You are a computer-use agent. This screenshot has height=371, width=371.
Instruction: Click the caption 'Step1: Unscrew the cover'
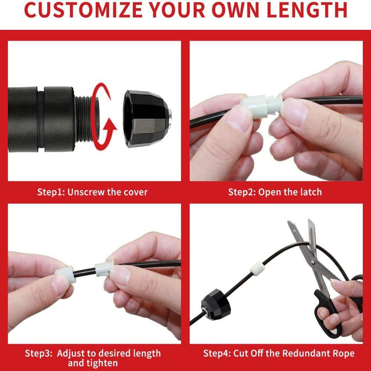pos(92,192)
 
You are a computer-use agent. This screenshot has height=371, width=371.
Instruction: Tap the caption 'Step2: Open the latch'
pos(275,192)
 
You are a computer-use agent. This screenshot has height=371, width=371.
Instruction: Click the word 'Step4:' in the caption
pos(217,353)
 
